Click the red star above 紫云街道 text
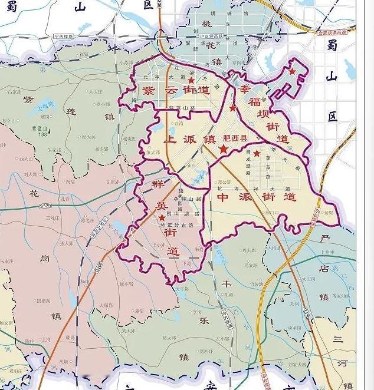tap(191, 79)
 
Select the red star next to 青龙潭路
tap(257, 153)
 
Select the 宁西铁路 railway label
tap(64, 36)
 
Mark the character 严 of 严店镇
tap(323, 239)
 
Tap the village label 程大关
tap(88, 137)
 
